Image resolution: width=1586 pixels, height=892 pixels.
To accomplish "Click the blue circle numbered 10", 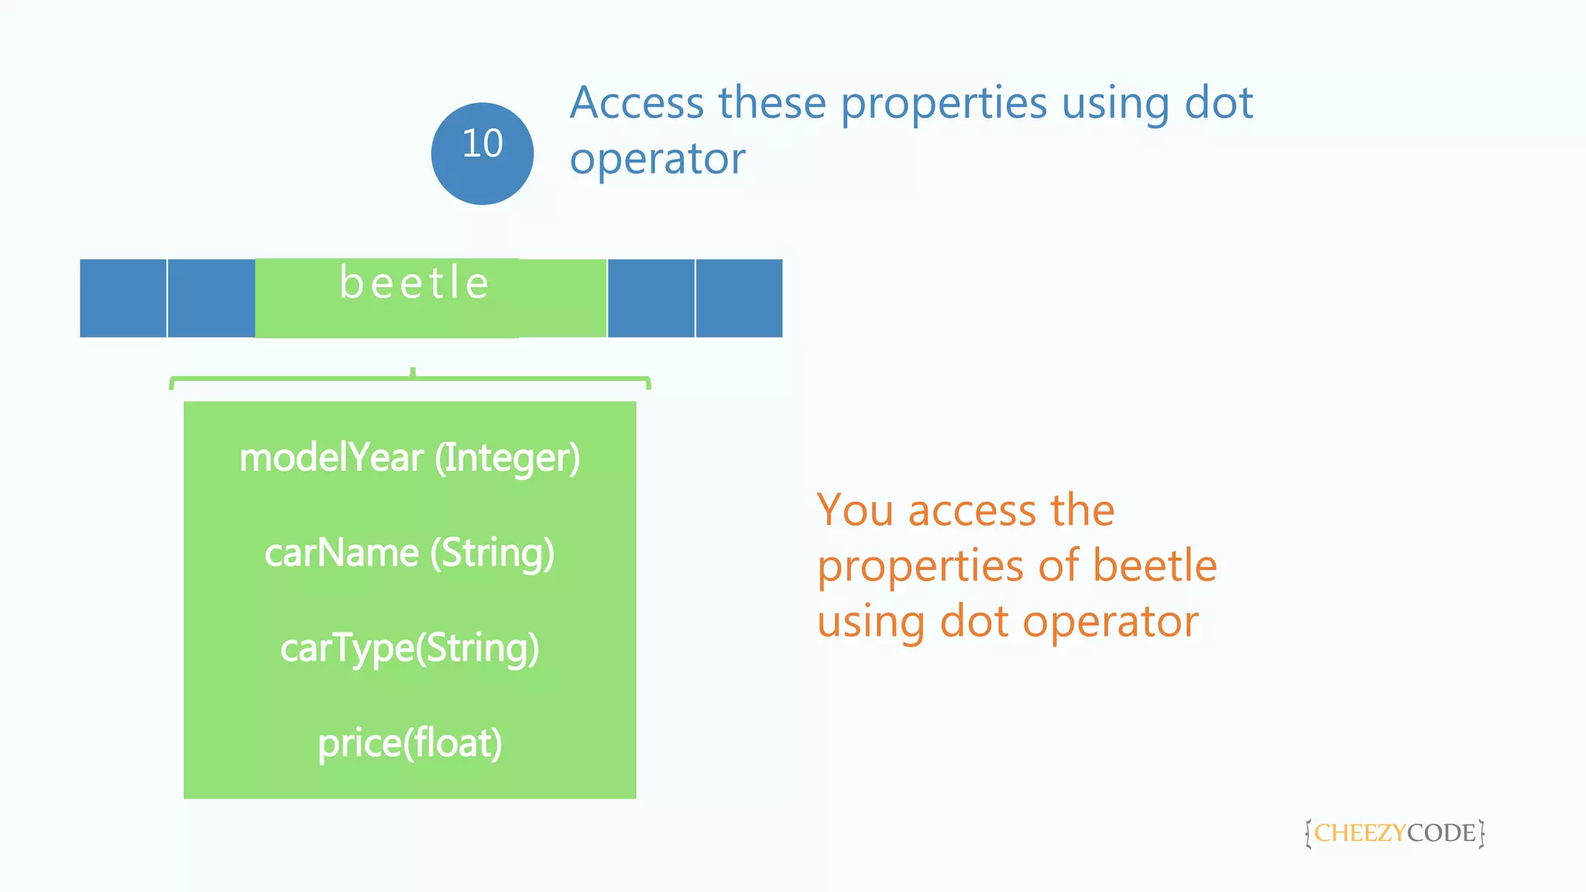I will (x=482, y=153).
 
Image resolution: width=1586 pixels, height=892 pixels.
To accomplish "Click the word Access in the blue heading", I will (x=637, y=103).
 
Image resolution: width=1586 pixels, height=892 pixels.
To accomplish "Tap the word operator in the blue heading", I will (x=657, y=160).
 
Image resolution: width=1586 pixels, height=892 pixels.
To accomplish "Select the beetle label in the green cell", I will (x=414, y=283).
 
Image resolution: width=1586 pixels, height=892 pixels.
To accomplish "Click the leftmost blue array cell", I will (x=122, y=298).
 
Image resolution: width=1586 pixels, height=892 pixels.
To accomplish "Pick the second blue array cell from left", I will (x=211, y=298).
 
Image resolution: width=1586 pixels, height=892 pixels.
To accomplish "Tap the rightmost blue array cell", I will (x=739, y=298).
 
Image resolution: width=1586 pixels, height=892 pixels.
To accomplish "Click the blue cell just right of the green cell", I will (x=651, y=298).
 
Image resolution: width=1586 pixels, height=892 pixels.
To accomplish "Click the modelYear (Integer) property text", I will (x=409, y=458).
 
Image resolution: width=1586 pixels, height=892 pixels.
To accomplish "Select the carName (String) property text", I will (x=409, y=553).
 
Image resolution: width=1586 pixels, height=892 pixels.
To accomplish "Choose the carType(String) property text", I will (x=409, y=648).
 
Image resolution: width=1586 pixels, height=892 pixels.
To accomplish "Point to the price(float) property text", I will (x=409, y=743).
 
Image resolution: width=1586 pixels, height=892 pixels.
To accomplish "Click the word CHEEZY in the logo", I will (x=1359, y=833).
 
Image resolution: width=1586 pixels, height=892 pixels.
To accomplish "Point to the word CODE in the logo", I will (x=1441, y=833).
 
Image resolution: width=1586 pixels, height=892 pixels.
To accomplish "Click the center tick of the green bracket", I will (x=413, y=373).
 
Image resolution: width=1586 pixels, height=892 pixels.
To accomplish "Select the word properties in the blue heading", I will (x=943, y=105).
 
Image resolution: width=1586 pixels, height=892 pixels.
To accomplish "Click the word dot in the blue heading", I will (x=1218, y=103).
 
